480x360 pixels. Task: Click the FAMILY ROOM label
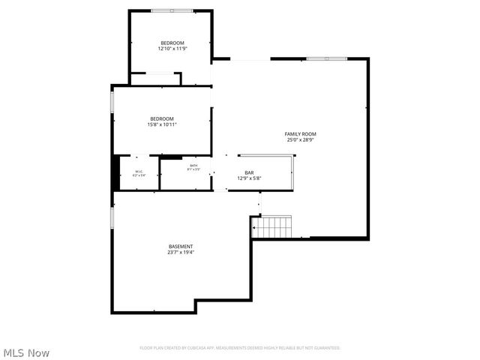(x=300, y=133)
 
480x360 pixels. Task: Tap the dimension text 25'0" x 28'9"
(x=300, y=139)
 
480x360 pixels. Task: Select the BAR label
(x=248, y=172)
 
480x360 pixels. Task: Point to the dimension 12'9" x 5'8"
(x=248, y=178)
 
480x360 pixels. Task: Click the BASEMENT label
(x=180, y=246)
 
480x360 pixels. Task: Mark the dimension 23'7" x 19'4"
(x=180, y=252)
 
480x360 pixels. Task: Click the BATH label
(x=193, y=166)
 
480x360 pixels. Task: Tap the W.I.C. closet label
(x=139, y=172)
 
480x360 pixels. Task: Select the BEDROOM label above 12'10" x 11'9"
(x=172, y=43)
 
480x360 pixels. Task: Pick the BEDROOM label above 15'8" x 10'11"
(x=161, y=118)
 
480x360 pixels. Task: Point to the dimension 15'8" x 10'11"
(x=161, y=124)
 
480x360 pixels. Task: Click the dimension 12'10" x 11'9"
(x=172, y=49)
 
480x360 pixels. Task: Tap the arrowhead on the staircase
(x=254, y=226)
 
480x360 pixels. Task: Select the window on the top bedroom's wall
(x=171, y=10)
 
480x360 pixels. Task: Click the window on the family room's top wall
(x=326, y=58)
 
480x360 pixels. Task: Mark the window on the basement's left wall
(x=112, y=217)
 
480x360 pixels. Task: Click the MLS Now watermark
(x=26, y=352)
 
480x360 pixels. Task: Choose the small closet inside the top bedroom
(x=155, y=79)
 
